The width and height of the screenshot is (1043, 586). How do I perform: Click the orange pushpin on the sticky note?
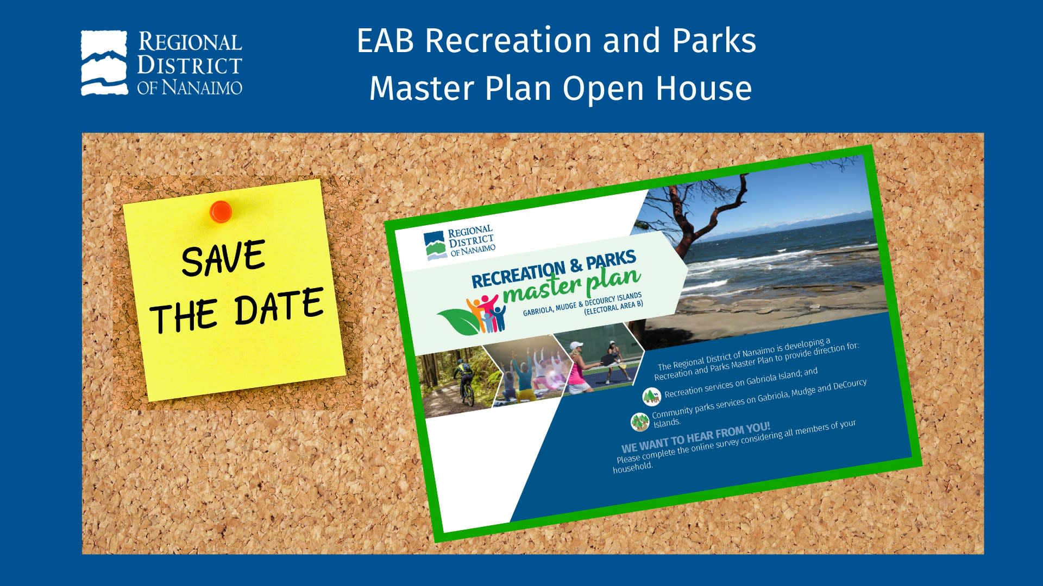click(x=221, y=211)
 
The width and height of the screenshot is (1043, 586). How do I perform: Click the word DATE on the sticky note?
click(x=279, y=307)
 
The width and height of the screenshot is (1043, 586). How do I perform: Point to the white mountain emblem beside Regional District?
click(x=104, y=63)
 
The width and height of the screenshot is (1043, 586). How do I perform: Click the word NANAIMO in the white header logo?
click(x=202, y=87)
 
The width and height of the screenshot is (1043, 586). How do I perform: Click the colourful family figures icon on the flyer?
click(x=486, y=313)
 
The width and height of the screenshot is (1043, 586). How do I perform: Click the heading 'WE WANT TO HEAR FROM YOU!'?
click(x=696, y=437)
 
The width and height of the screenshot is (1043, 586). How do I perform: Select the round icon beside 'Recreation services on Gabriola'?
click(x=651, y=397)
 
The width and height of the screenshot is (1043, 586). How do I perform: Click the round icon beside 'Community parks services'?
click(x=640, y=422)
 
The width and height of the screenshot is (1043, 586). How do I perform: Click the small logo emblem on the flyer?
click(x=435, y=246)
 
